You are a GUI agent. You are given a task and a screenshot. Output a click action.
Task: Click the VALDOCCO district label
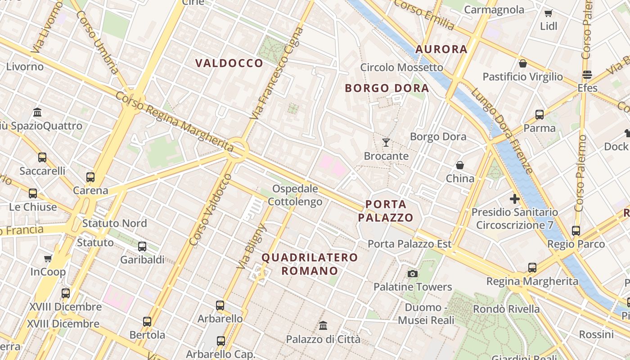pyautogui.click(x=229, y=63)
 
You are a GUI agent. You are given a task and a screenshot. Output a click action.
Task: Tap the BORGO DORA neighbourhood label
pyautogui.click(x=387, y=88)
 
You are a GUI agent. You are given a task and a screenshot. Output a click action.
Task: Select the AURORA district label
pyautogui.click(x=441, y=49)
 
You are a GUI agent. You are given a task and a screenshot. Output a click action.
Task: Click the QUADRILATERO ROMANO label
pyautogui.click(x=310, y=264)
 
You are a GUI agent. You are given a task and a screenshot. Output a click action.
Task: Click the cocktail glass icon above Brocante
pyautogui.click(x=386, y=143)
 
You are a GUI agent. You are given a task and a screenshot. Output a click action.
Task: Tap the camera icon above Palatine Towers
pyautogui.click(x=412, y=274)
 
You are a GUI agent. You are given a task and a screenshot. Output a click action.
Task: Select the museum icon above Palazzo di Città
pyautogui.click(x=323, y=325)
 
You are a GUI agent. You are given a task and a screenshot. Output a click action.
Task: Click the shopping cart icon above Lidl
pyautogui.click(x=548, y=13)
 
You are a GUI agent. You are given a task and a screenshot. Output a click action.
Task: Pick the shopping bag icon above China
pyautogui.click(x=460, y=165)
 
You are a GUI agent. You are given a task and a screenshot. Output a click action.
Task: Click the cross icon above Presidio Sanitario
pyautogui.click(x=515, y=198)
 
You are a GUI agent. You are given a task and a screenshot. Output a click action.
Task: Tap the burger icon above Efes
pyautogui.click(x=587, y=75)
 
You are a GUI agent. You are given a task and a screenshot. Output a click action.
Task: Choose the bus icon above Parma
pyautogui.click(x=540, y=115)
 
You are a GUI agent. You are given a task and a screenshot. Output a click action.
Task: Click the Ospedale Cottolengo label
pyautogui.click(x=295, y=195)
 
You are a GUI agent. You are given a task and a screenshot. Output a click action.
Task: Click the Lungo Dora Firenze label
pyautogui.click(x=502, y=131)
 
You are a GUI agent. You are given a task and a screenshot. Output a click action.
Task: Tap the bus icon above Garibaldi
pyautogui.click(x=142, y=246)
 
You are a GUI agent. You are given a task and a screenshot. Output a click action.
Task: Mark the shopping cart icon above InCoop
pyautogui.click(x=48, y=258)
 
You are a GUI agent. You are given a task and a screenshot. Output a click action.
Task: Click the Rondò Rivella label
pyautogui.click(x=506, y=309)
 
